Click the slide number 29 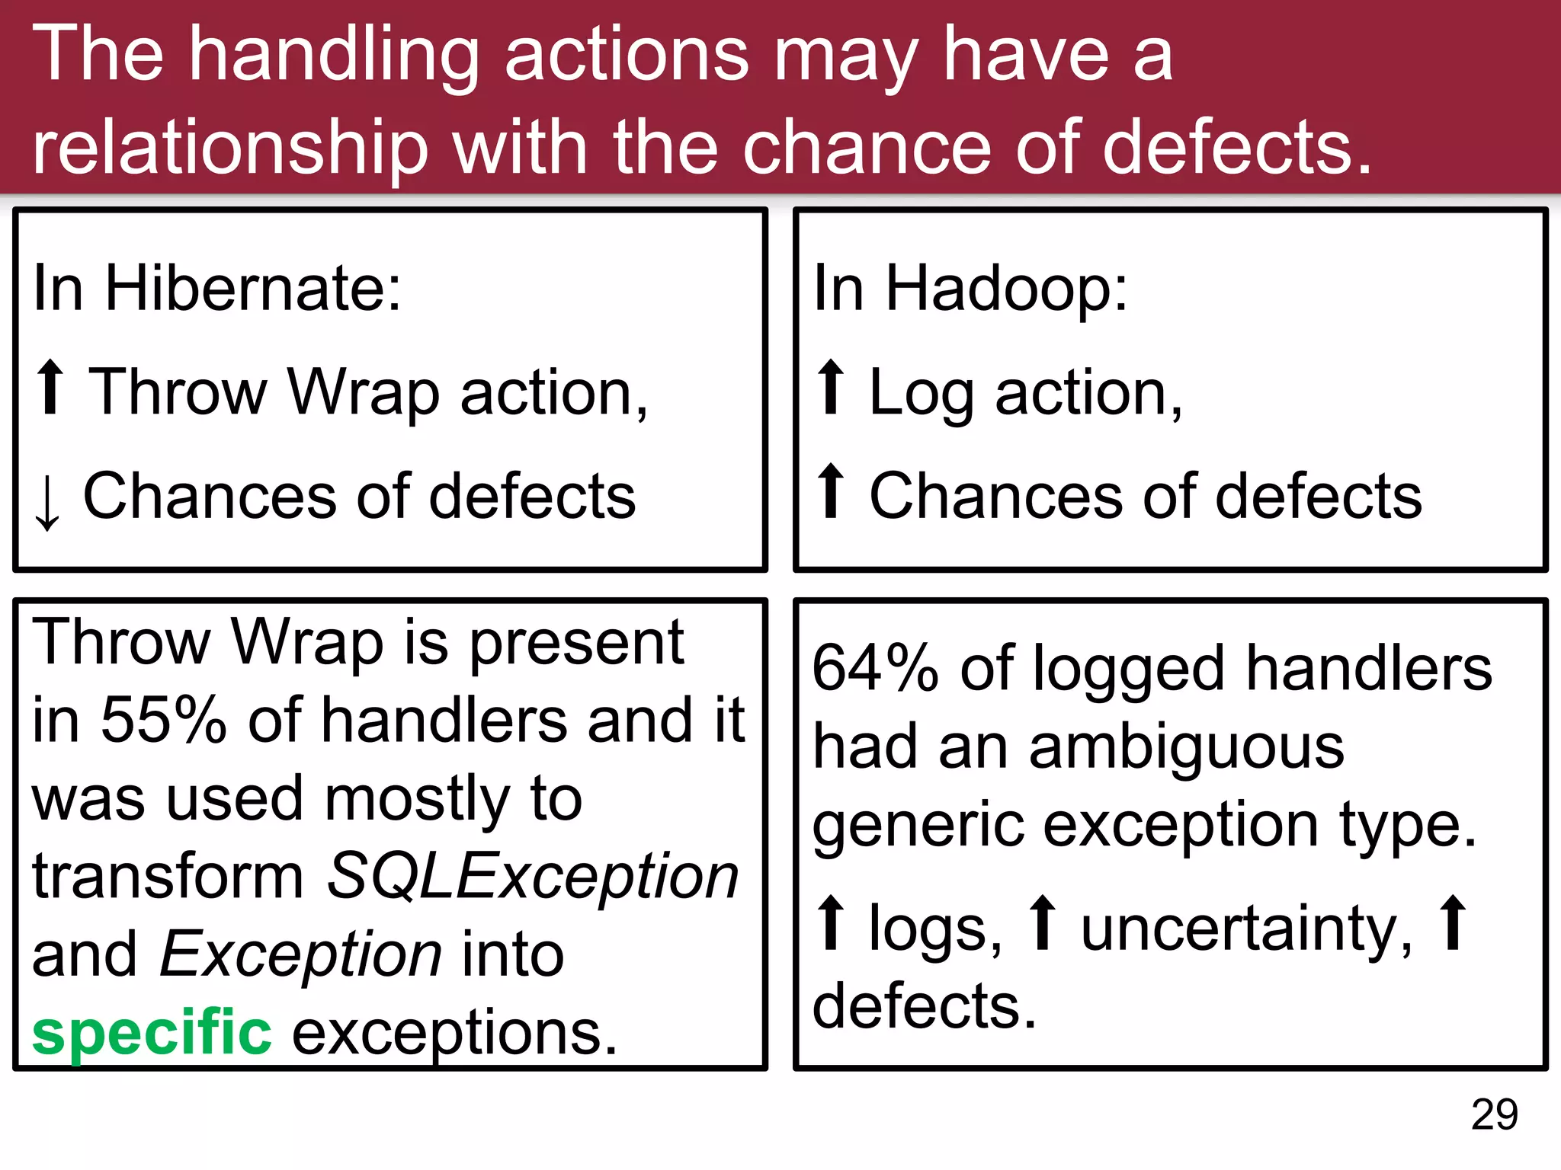[1494, 1115]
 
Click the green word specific [152, 1033]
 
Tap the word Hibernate [252, 289]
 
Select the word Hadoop [1005, 289]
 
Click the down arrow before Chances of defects [48, 501]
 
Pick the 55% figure [163, 720]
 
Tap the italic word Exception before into [301, 954]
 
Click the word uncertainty [1246, 929]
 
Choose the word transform [168, 877]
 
